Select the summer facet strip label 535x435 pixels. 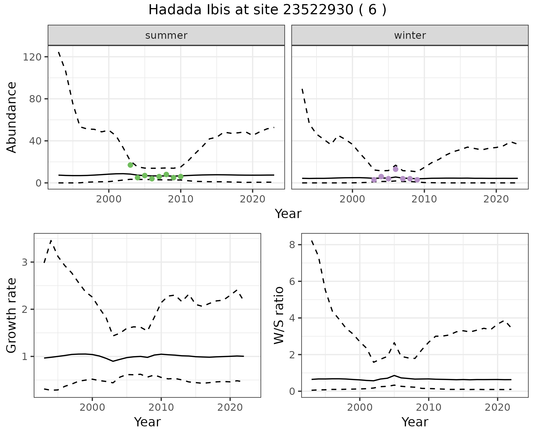tap(166, 35)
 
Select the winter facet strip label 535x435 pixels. tap(410, 35)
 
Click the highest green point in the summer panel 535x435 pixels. tap(130, 165)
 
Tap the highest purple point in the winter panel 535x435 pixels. tap(395, 169)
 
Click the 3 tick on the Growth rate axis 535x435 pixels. tap(25, 262)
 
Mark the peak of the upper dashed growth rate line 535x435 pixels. tap(51, 240)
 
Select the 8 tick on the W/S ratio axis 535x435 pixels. tap(292, 245)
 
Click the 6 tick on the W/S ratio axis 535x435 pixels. tap(292, 281)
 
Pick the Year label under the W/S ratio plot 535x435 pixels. tap(415, 422)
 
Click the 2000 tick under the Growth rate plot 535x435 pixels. tap(92, 407)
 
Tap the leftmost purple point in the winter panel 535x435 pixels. tap(374, 180)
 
